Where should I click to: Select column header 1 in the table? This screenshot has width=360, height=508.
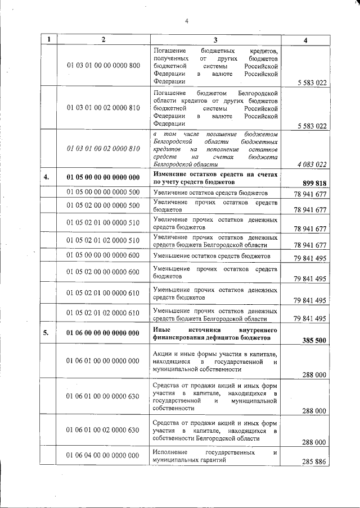pyautogui.click(x=49, y=39)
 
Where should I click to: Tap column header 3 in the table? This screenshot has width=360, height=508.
pyautogui.click(x=215, y=39)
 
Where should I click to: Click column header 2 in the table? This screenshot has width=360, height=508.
pyautogui.click(x=103, y=39)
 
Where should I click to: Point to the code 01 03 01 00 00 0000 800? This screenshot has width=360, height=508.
pyautogui.click(x=103, y=66)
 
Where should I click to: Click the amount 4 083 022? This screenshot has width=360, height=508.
pyautogui.click(x=310, y=164)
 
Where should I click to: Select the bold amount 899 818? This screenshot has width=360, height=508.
pyautogui.click(x=314, y=183)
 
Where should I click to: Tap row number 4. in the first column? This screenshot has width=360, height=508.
pyautogui.click(x=49, y=177)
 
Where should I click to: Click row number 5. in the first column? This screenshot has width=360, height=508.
pyautogui.click(x=49, y=333)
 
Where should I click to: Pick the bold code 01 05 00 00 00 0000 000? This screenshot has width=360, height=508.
pyautogui.click(x=103, y=177)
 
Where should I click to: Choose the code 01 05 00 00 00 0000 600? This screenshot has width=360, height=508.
pyautogui.click(x=103, y=255)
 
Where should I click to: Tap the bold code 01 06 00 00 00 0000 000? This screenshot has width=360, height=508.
pyautogui.click(x=103, y=333)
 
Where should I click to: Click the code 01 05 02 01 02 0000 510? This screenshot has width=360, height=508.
pyautogui.click(x=103, y=240)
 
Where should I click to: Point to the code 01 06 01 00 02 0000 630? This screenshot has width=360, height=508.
pyautogui.click(x=103, y=430)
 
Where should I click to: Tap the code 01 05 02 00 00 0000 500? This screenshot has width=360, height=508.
pyautogui.click(x=103, y=205)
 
